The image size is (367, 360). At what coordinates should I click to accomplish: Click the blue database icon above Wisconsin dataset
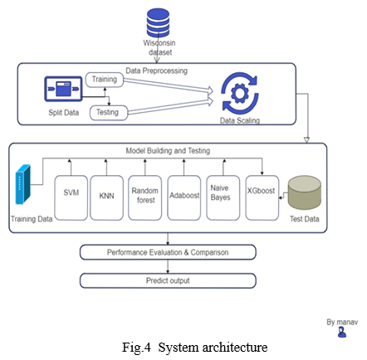tap(158, 22)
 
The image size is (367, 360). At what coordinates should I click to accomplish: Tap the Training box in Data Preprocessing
tap(105, 80)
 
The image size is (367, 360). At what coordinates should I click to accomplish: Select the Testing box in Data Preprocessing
tap(109, 113)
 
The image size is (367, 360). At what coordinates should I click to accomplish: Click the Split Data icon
tap(63, 89)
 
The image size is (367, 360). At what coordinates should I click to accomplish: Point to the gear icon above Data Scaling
tap(240, 93)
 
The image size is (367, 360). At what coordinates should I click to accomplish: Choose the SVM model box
tap(71, 197)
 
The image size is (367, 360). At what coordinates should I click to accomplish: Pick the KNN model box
tap(106, 197)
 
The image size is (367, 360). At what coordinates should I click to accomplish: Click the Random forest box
tap(144, 197)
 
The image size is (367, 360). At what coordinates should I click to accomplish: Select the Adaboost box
tap(184, 197)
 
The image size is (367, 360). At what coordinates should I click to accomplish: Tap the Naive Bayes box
tap(223, 197)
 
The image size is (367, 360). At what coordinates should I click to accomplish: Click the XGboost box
tap(262, 197)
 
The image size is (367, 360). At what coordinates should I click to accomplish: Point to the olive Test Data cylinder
tap(305, 192)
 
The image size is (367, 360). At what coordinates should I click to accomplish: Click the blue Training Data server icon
tap(22, 184)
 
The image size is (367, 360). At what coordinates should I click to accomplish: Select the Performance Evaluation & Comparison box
tap(168, 252)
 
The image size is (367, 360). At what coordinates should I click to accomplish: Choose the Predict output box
tap(168, 280)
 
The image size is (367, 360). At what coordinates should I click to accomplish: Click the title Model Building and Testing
tap(168, 151)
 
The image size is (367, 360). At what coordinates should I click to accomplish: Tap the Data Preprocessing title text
tap(157, 71)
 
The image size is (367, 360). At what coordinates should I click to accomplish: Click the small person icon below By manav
tap(342, 332)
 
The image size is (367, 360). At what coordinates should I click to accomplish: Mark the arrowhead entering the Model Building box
tap(306, 140)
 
